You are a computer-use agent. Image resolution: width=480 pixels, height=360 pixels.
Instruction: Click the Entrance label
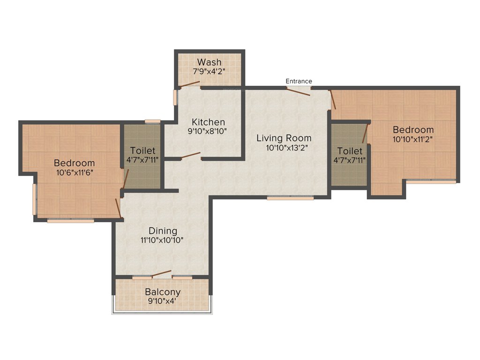pyautogui.click(x=299, y=81)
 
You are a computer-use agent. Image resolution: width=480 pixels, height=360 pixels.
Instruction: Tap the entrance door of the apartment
pyautogui.click(x=299, y=91)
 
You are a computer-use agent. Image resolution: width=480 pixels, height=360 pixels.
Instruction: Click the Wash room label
pyautogui.click(x=209, y=62)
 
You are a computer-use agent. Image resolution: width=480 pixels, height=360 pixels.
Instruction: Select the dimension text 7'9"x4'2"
pyautogui.click(x=209, y=72)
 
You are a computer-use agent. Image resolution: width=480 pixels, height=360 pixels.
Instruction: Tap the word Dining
pyautogui.click(x=163, y=231)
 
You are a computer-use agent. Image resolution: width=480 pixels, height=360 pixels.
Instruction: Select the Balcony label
pyautogui.click(x=162, y=292)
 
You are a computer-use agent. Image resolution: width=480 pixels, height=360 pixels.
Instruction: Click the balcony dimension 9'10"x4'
pyautogui.click(x=162, y=301)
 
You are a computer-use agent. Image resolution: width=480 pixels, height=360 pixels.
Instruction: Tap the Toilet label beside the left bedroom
pyautogui.click(x=142, y=151)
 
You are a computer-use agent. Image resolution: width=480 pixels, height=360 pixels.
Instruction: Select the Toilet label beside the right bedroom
pyautogui.click(x=350, y=151)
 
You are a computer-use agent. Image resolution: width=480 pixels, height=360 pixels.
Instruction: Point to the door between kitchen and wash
pyautogui.click(x=190, y=84)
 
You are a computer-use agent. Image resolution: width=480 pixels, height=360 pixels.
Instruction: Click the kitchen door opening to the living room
pyautogui.click(x=191, y=155)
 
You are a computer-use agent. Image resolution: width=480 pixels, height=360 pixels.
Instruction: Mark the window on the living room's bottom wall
pyautogui.click(x=290, y=198)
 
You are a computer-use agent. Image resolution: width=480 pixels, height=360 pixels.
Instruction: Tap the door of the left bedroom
pyautogui.click(x=119, y=208)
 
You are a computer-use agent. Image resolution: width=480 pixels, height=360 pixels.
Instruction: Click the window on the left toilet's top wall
pyautogui.click(x=152, y=122)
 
